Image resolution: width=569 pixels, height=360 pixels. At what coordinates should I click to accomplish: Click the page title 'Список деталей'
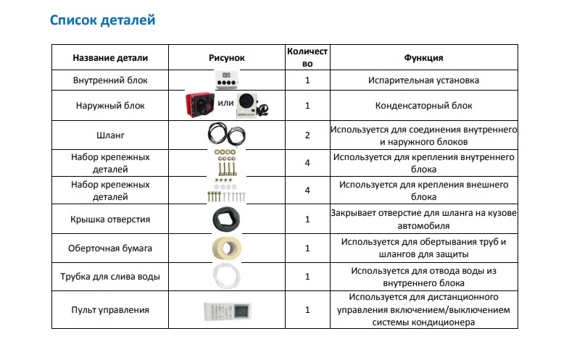(102, 20)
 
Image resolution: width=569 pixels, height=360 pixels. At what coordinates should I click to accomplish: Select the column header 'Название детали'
(110, 57)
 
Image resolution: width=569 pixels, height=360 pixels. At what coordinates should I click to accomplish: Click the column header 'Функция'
(423, 57)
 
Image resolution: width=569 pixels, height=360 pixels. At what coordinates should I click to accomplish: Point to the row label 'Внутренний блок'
(110, 80)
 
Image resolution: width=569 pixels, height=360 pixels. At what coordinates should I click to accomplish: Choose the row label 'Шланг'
(110, 135)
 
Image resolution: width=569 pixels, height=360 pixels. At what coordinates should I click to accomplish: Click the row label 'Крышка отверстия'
(110, 219)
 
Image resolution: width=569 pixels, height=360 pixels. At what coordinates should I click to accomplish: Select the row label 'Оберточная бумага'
(110, 248)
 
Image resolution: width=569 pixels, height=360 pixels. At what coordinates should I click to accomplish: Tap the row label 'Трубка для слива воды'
(110, 277)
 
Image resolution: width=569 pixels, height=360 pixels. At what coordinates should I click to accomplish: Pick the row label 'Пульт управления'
(110, 310)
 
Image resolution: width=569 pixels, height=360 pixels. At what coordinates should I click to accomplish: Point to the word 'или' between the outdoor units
(224, 102)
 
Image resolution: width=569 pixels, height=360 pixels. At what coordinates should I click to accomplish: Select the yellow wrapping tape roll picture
(226, 248)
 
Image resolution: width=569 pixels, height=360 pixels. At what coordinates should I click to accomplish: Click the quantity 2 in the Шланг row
(307, 135)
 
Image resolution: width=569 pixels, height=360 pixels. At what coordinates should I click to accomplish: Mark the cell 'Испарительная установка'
(423, 80)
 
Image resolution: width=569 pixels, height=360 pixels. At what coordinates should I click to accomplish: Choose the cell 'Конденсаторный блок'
(423, 106)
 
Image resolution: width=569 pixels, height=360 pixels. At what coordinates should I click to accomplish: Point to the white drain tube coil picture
(226, 277)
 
